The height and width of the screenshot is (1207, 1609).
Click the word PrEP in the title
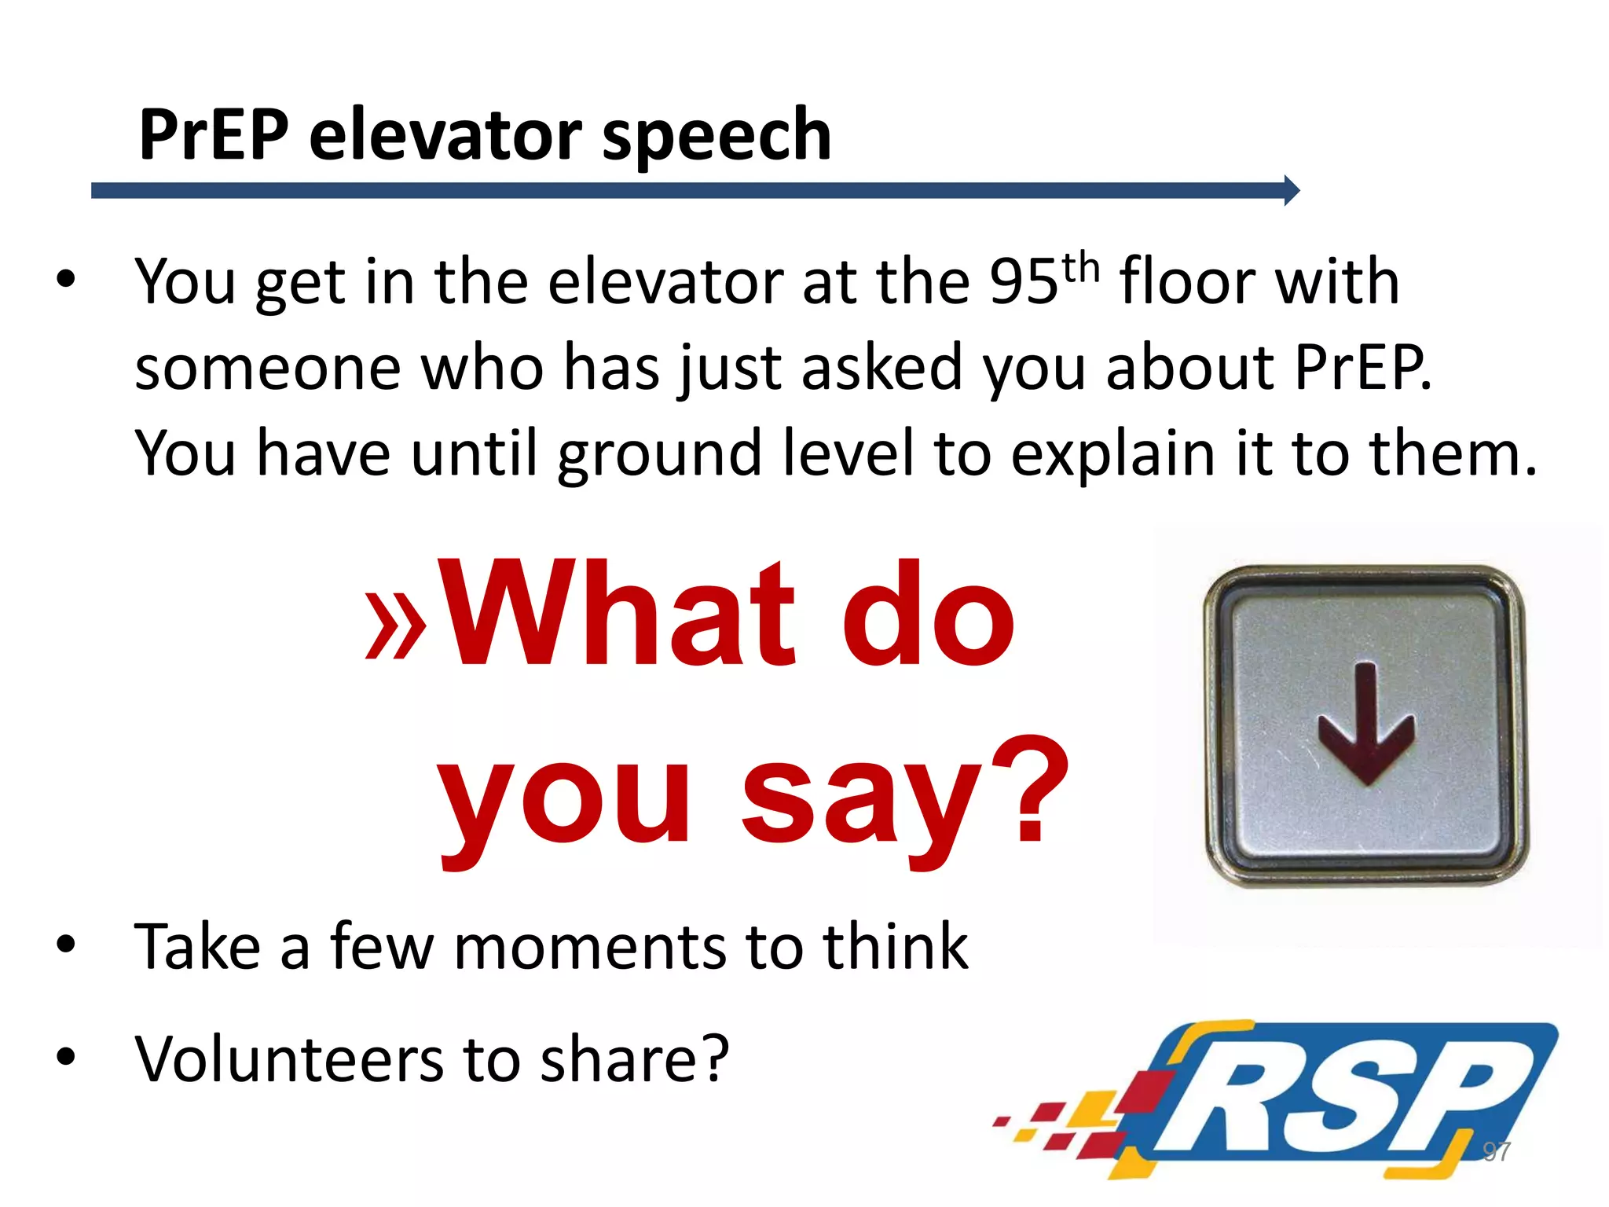213,135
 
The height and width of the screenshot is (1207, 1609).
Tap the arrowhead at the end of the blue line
1291,190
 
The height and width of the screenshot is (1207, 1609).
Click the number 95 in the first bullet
1023,282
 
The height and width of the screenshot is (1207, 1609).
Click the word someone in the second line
267,368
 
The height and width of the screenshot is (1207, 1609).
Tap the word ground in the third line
659,455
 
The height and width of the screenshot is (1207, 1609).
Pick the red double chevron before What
396,629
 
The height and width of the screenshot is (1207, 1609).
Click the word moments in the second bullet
589,947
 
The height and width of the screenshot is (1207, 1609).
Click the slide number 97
1496,1152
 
